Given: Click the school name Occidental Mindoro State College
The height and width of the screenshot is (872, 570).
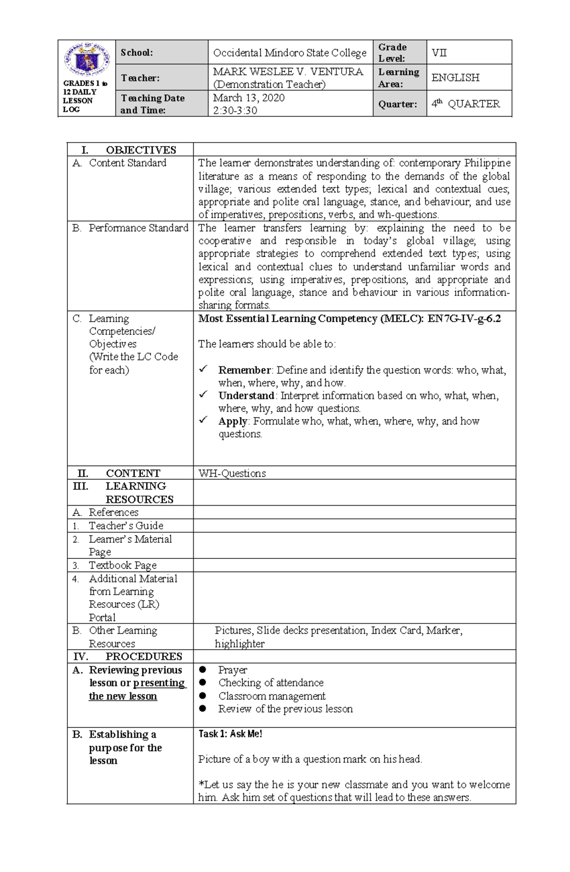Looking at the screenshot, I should click(290, 53).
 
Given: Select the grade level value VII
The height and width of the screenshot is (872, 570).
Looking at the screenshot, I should click(439, 53).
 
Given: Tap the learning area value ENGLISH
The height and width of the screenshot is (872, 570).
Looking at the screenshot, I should click(455, 77).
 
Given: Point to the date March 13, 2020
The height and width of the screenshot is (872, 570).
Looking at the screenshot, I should click(248, 98).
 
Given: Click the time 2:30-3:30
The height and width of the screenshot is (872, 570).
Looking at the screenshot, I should click(235, 111).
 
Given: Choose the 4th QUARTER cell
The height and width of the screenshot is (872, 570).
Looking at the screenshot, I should click(465, 104).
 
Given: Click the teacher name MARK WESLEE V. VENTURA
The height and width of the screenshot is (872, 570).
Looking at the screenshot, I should click(288, 72).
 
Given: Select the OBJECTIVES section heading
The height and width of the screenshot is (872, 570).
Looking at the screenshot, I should click(141, 150).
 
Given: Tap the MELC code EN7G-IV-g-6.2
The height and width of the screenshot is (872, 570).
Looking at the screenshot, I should click(464, 318).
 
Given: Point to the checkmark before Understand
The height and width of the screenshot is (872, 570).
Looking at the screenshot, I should click(203, 394).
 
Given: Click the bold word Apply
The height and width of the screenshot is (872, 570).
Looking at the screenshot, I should click(232, 421).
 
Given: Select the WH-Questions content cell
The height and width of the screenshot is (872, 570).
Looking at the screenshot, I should click(232, 473).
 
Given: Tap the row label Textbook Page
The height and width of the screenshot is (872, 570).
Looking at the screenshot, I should click(122, 565).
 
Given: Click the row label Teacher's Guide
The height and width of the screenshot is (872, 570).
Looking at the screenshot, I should click(126, 526).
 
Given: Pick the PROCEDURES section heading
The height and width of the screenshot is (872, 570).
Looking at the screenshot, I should click(143, 656).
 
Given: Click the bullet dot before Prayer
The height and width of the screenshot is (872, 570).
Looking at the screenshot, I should click(203, 669).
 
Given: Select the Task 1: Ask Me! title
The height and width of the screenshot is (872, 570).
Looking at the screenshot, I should click(230, 734).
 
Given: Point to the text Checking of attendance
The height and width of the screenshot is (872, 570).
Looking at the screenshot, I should click(271, 682).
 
